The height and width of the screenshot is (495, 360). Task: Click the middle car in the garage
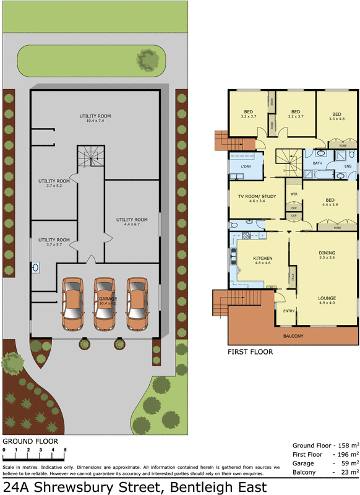[x=105, y=305]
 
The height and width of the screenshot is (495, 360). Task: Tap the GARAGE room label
[x=108, y=298]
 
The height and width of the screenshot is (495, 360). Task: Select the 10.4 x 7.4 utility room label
[x=95, y=118]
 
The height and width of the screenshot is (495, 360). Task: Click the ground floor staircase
[x=90, y=157]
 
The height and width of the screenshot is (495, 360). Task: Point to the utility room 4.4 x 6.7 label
[x=132, y=222]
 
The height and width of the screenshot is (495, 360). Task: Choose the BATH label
[x=317, y=163]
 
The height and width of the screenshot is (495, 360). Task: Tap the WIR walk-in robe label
[x=294, y=194]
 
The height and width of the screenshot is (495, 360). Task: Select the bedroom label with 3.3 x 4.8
[x=336, y=116]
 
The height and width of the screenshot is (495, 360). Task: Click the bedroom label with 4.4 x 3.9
[x=330, y=202]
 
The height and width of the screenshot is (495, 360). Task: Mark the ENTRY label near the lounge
[x=288, y=311]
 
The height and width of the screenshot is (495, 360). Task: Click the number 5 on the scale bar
[x=65, y=450]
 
